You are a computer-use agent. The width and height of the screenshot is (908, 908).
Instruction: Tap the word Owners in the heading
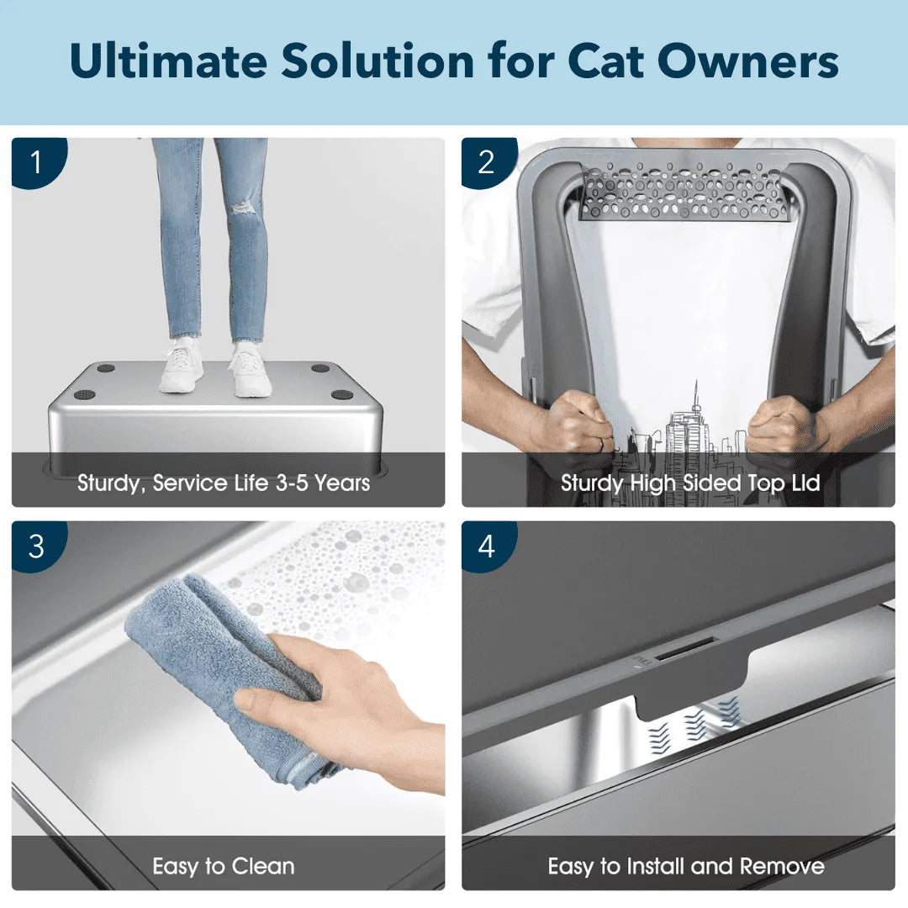756,61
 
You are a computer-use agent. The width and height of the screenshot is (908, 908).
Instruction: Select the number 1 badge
35,162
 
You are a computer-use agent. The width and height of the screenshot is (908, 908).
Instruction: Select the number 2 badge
486,162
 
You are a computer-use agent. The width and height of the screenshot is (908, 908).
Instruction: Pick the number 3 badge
35,546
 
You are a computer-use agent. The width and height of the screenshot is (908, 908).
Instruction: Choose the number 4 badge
486,546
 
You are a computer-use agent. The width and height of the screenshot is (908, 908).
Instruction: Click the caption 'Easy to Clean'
224,866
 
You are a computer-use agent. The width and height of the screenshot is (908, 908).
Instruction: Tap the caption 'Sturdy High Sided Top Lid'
690,483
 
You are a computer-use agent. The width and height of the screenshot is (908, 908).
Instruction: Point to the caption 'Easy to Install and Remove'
686,866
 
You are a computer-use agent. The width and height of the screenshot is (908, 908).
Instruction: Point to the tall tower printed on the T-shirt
696,420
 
